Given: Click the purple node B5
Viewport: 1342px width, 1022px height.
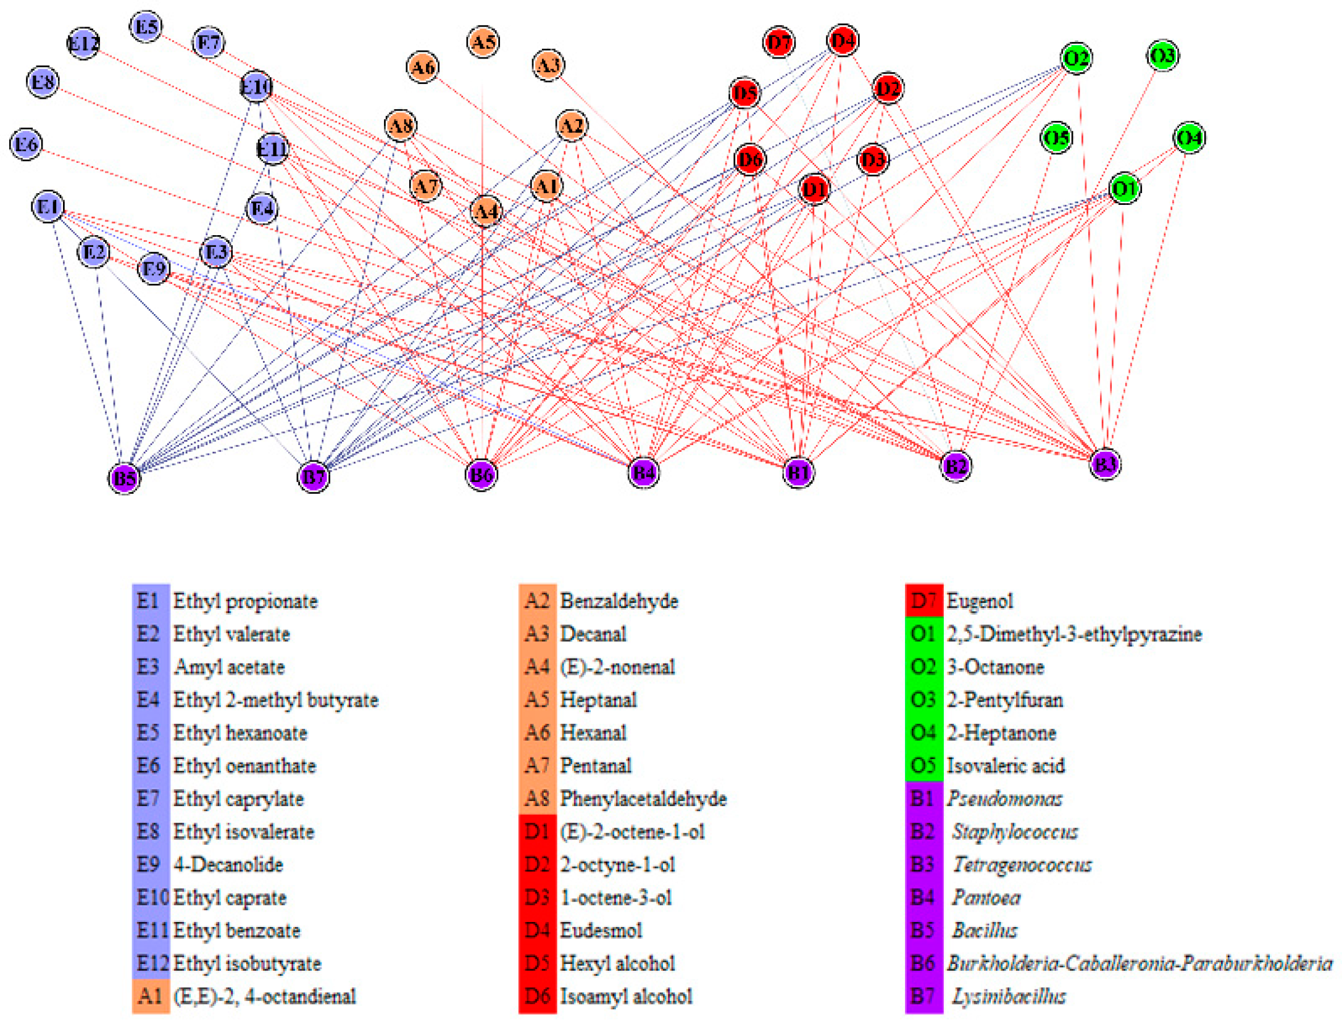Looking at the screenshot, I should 124,478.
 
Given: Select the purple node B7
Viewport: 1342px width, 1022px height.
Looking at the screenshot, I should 314,476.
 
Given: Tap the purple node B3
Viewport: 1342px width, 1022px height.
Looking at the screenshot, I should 1104,463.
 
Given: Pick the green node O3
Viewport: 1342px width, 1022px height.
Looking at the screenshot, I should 1162,56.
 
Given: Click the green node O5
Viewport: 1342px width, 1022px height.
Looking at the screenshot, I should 1056,138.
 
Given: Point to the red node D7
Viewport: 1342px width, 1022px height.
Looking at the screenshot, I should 778,43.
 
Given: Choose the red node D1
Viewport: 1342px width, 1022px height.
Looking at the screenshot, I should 814,189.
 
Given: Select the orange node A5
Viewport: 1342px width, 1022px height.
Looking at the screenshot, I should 483,42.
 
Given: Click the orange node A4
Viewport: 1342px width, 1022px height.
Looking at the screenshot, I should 486,212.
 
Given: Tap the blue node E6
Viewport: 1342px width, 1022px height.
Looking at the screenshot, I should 26,144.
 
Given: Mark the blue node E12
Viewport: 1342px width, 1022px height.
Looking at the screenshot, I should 83,43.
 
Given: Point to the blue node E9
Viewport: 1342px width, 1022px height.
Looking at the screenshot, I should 154,268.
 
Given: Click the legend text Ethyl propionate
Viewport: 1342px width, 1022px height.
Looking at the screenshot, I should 245,601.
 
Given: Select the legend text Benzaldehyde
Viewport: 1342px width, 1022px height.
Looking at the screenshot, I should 619,601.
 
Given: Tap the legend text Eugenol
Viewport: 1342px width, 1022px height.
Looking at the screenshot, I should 980,601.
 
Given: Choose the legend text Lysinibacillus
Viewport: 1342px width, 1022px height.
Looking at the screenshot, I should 1009,996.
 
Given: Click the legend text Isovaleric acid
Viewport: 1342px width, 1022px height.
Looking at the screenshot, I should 1006,766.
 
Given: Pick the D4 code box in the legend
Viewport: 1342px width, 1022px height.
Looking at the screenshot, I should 537,930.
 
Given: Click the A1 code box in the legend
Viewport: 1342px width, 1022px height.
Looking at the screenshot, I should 151,996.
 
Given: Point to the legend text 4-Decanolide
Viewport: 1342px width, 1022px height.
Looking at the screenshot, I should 228,865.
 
